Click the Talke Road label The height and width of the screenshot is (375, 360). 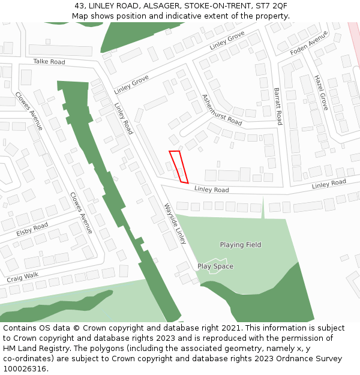tap(49, 62)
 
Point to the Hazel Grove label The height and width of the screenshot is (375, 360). tap(320, 92)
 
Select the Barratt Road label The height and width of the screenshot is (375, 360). tap(277, 106)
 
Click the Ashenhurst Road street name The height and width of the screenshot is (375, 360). tap(222, 110)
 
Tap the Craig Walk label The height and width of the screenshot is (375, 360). tap(22, 277)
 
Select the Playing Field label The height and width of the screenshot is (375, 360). tap(241, 245)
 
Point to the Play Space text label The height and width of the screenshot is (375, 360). tap(215, 266)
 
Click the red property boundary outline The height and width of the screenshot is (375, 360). tap(179, 167)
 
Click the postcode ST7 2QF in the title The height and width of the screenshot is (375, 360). tap(272, 6)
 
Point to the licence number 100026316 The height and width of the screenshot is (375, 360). tap(25, 368)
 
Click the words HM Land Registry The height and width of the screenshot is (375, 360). tap(29, 349)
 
